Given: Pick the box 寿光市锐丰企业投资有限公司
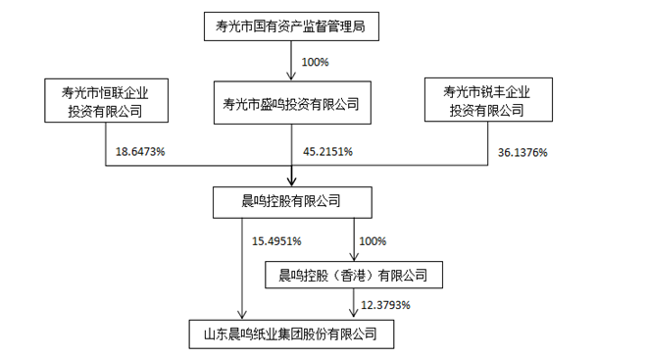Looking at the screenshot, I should tap(486, 101).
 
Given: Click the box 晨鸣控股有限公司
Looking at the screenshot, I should tap(291, 201).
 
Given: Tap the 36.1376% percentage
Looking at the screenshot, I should tap(523, 153).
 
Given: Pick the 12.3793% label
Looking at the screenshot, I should tap(385, 305).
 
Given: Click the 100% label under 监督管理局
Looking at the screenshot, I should tap(315, 62).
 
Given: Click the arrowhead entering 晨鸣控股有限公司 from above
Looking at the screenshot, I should tap(291, 181).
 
